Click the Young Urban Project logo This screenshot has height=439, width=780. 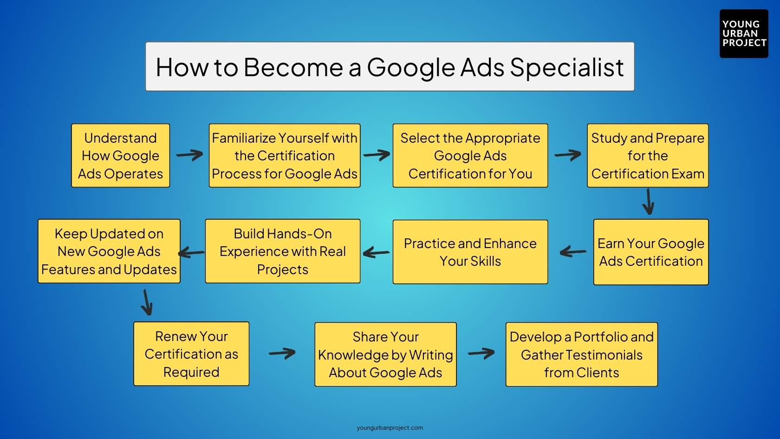pos(743,33)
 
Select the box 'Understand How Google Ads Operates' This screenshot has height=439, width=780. pos(120,156)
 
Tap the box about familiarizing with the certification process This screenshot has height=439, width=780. pos(284,156)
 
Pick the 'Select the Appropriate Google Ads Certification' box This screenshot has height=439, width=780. pos(470,156)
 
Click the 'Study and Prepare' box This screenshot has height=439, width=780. pos(647,156)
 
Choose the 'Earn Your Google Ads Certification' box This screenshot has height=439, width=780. pos(650,252)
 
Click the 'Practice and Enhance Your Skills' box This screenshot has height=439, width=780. pos(470,252)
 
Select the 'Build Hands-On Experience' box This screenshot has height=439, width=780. pos(282,251)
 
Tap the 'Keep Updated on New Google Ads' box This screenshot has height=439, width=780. pos(109,251)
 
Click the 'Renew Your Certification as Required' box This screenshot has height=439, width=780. pos(191,354)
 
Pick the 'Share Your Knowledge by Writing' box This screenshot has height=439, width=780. pos(385,354)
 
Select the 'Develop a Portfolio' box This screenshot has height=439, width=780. pos(581,354)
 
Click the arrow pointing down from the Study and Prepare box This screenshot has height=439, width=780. pos(648,202)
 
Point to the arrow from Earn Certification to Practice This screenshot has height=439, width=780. pos(573,252)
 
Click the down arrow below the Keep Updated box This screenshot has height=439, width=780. pos(147,302)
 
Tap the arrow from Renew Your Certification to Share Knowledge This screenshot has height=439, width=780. pos(282,354)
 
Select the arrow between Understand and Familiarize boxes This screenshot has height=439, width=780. pos(189,155)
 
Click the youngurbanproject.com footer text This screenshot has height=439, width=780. pos(390,428)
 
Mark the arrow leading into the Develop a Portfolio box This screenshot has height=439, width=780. pos(481,354)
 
